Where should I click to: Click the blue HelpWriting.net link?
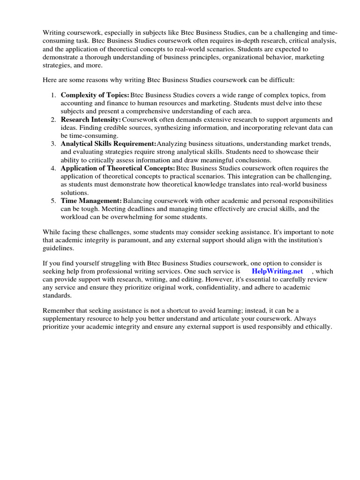click(x=277, y=271)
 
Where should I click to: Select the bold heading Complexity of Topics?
click(x=95, y=95)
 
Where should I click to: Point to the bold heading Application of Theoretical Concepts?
click(x=118, y=168)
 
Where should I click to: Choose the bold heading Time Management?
click(x=91, y=201)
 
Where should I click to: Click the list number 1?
click(x=53, y=95)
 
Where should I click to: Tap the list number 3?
click(x=53, y=144)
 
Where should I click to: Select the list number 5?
click(x=53, y=201)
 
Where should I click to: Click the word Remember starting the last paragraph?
click(x=59, y=310)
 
